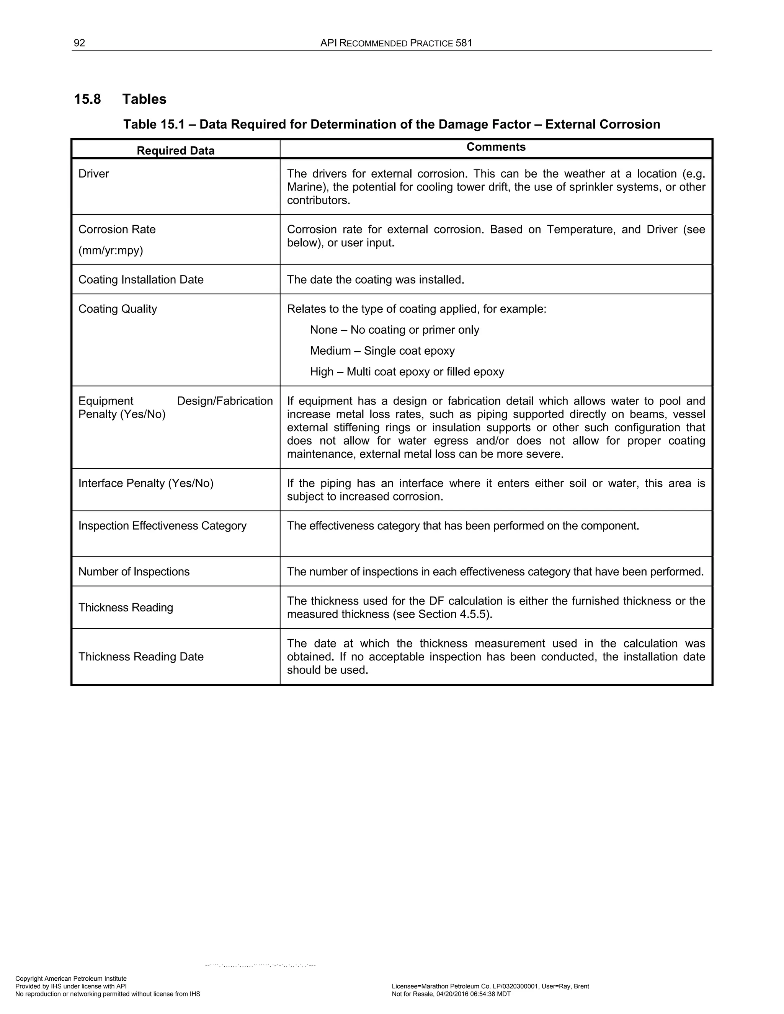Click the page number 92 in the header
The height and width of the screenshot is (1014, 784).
[x=79, y=43]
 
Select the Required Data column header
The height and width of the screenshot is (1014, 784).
[x=176, y=150]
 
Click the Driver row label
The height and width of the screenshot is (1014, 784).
[x=94, y=174]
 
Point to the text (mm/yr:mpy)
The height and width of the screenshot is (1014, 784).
[x=111, y=250]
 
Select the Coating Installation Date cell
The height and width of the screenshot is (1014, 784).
[x=141, y=279]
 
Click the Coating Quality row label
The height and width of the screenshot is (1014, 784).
[x=118, y=309]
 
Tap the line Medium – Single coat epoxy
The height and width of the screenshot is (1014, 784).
[x=382, y=350]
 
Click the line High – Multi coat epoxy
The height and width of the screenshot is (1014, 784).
[x=407, y=372]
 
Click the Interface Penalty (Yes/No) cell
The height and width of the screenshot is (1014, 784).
[x=146, y=483]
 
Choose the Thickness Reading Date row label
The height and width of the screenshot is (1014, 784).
[x=141, y=657]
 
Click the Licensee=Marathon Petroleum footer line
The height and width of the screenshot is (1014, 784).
[x=490, y=986]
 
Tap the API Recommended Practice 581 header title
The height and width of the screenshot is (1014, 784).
[x=396, y=43]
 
